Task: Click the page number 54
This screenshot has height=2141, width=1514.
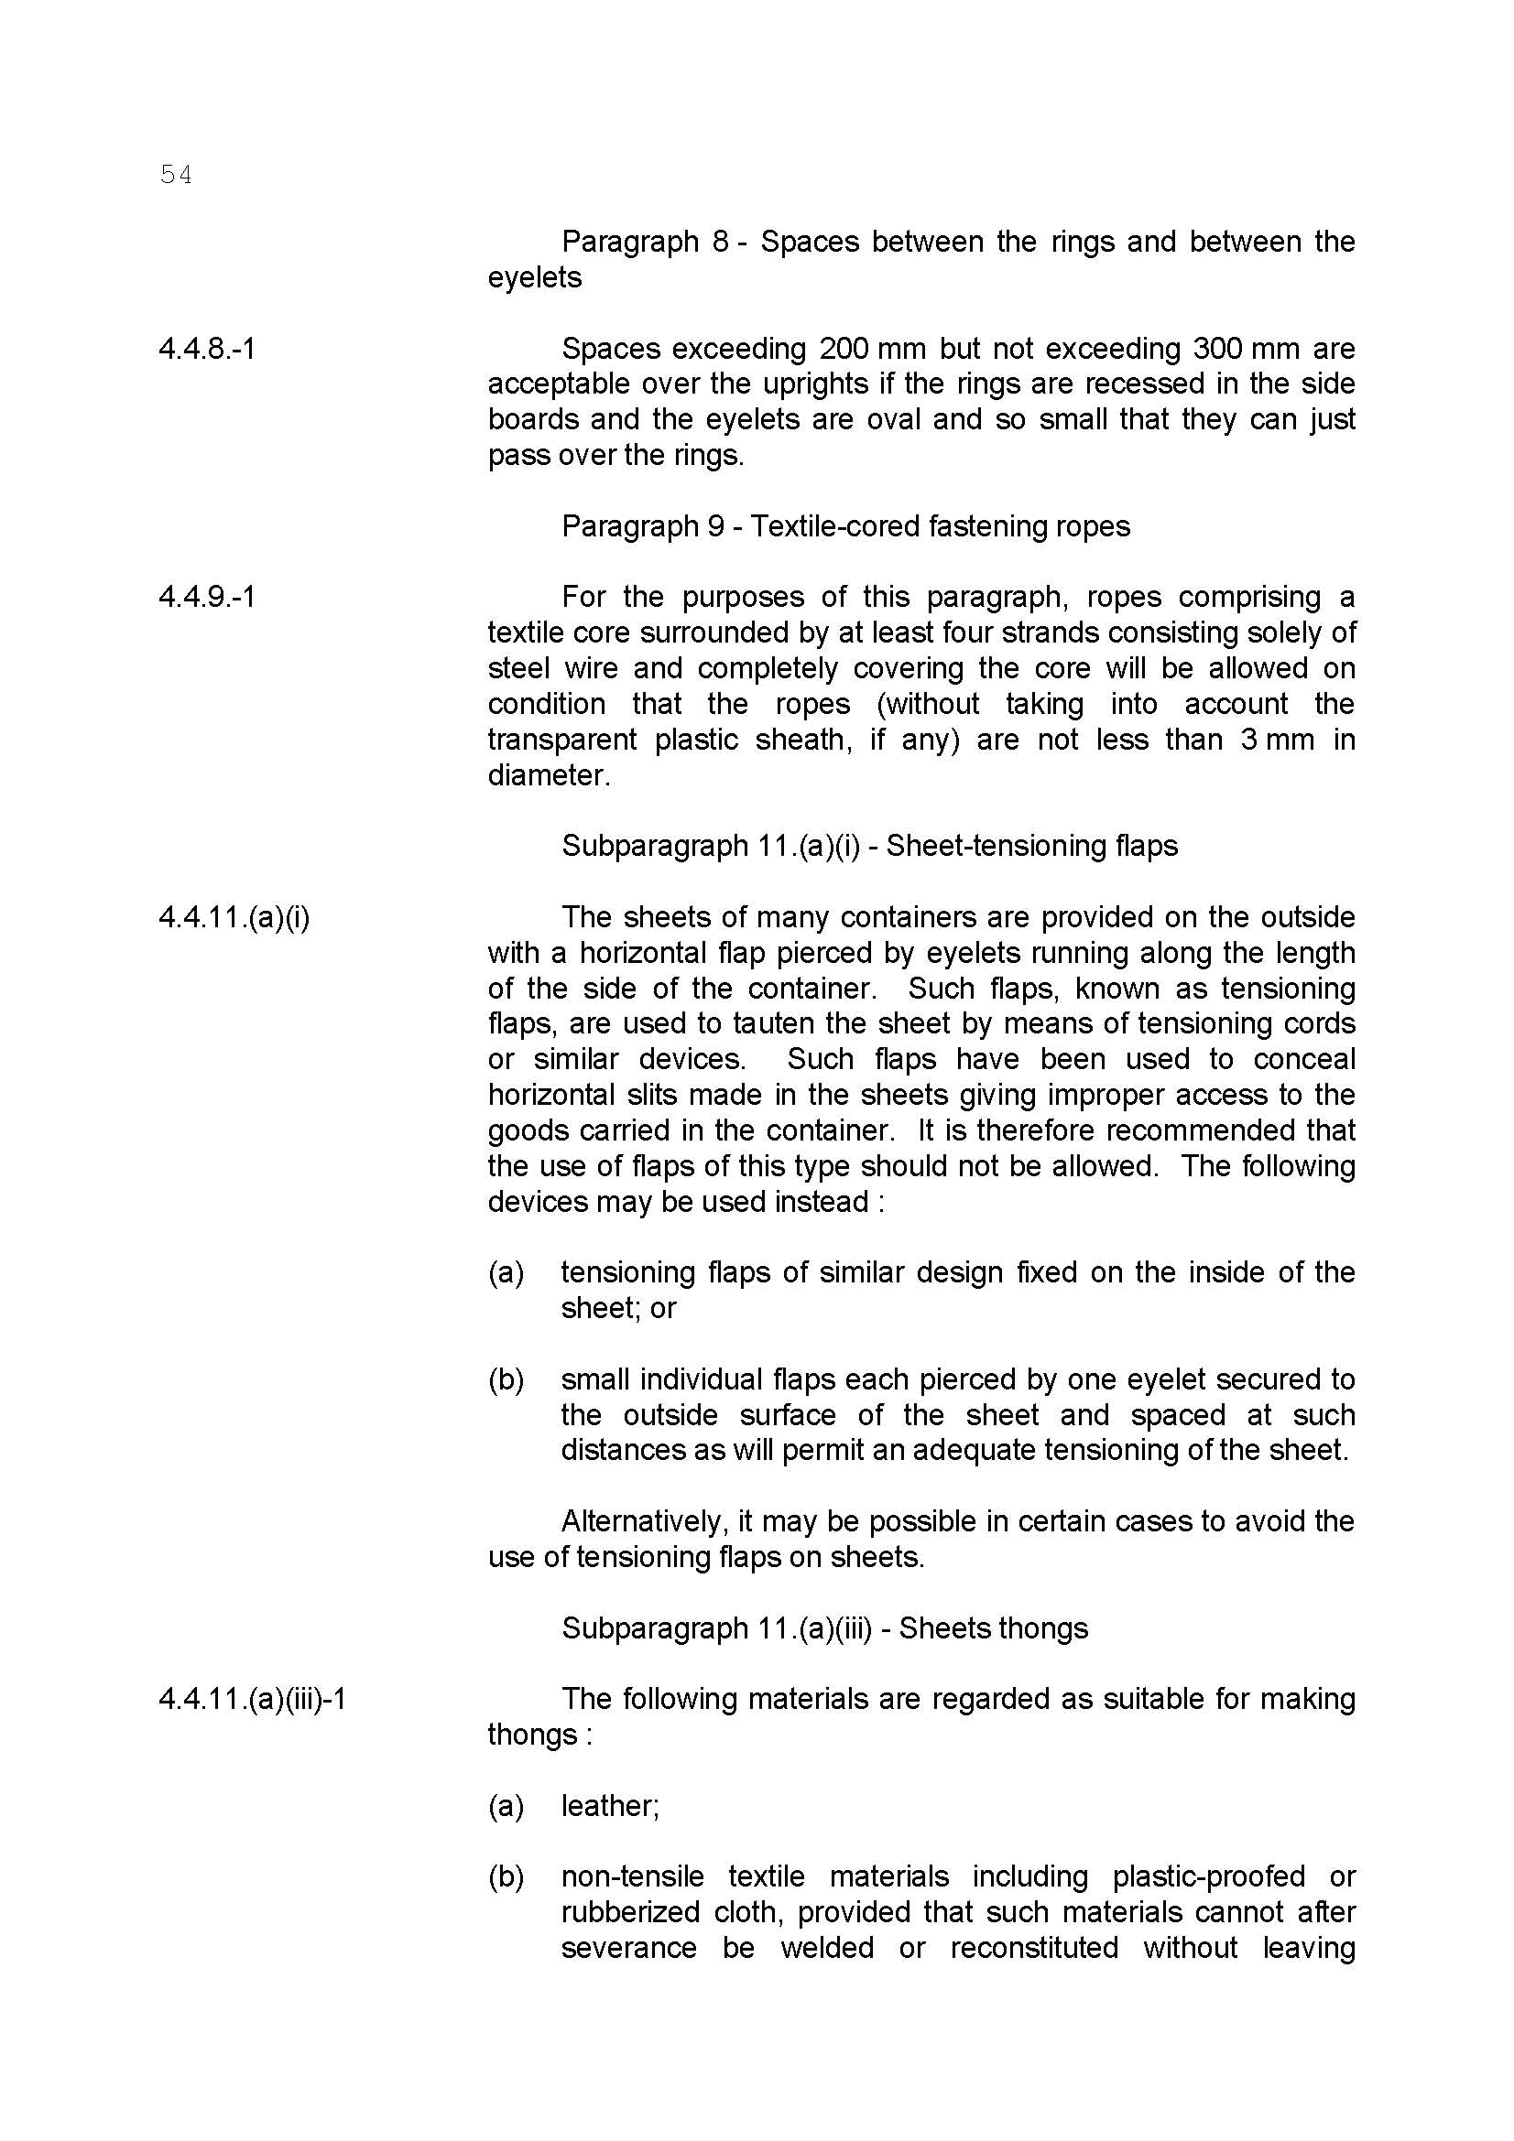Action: click(x=175, y=175)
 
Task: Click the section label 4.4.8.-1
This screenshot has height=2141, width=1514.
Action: click(x=206, y=349)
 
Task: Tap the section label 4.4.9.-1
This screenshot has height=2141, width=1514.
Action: click(x=206, y=597)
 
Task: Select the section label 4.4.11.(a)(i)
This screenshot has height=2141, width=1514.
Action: click(x=234, y=917)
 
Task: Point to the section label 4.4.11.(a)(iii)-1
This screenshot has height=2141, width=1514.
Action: click(x=253, y=1699)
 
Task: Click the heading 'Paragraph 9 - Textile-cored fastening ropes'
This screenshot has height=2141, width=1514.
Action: click(x=845, y=526)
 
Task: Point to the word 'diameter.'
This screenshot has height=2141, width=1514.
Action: click(x=549, y=776)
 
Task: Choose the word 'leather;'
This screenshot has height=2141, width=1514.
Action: click(x=610, y=1806)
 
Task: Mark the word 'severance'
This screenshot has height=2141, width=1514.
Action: click(x=628, y=1948)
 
